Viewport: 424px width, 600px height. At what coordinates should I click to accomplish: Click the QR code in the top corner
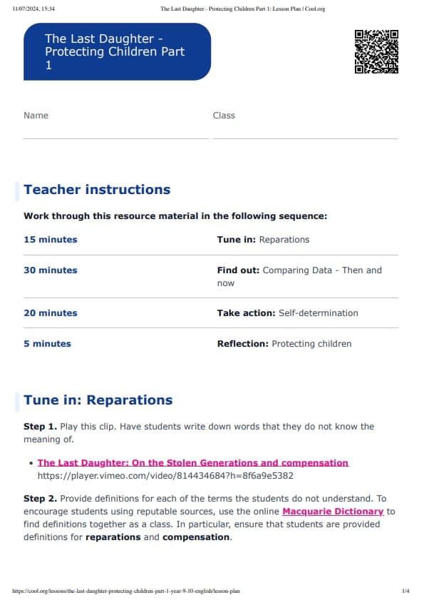coord(376,51)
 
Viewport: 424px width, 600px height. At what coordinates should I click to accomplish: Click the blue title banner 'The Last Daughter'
coord(117,51)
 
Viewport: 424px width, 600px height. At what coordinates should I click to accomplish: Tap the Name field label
coord(36,116)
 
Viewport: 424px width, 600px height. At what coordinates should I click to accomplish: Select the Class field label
coord(224,116)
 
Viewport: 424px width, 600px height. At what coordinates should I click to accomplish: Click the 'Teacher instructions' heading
coord(97,190)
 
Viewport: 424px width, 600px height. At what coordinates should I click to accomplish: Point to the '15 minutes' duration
coord(51,240)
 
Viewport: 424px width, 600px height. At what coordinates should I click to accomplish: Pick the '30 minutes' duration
coord(51,270)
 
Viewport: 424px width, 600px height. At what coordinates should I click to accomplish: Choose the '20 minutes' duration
coord(51,313)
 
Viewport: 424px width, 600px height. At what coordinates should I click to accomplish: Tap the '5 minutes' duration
coord(48,344)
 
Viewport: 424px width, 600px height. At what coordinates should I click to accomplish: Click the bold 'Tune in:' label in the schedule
coord(237,240)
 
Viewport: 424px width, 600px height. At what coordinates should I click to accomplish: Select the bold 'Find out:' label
coord(239,270)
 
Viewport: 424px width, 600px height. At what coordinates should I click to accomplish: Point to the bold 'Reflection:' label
coord(243,344)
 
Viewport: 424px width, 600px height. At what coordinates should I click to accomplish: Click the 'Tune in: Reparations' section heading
coord(98,400)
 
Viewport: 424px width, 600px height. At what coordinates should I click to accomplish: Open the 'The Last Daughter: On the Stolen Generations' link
coord(193,463)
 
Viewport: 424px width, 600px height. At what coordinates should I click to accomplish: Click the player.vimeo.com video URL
coord(165,475)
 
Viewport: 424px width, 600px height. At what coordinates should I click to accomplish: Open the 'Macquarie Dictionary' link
coord(333,512)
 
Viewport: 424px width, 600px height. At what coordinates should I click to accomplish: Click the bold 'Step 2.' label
coord(38,499)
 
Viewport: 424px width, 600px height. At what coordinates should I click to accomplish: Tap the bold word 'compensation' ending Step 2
coord(196,537)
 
